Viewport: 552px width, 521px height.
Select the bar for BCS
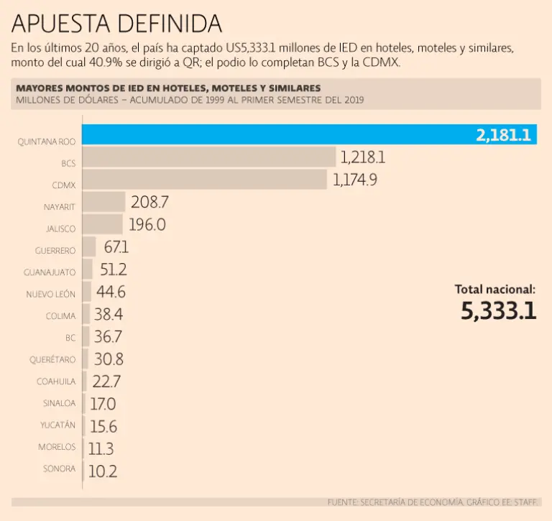pyautogui.click(x=208, y=157)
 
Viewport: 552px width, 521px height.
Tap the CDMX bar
pyautogui.click(x=205, y=179)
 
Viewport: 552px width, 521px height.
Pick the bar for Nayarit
pyautogui.click(x=103, y=202)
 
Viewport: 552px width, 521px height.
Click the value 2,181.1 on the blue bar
pyautogui.click(x=502, y=135)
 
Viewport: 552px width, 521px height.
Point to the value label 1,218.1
pyautogui.click(x=363, y=157)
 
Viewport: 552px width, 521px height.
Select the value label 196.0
pyautogui.click(x=147, y=224)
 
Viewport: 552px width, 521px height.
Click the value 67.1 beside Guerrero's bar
pyautogui.click(x=116, y=247)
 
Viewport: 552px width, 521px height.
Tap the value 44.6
pyautogui.click(x=111, y=292)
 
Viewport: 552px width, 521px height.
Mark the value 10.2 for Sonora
pyautogui.click(x=102, y=471)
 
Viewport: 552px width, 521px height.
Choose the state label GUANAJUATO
pyautogui.click(x=50, y=273)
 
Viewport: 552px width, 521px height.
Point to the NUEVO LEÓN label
pyautogui.click(x=50, y=295)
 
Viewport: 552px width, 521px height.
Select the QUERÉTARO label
pyautogui.click(x=52, y=359)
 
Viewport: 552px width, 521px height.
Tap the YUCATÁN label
pyautogui.click(x=57, y=425)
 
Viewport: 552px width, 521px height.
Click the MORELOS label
pyautogui.click(x=57, y=447)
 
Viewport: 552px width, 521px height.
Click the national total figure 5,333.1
pyautogui.click(x=498, y=311)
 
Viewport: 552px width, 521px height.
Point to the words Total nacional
pyautogui.click(x=494, y=289)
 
